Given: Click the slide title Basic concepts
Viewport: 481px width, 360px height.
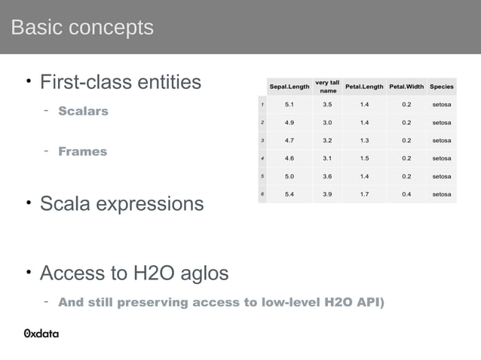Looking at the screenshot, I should pyautogui.click(x=82, y=28).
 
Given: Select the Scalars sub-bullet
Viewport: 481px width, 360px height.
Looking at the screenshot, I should pyautogui.click(x=83, y=111).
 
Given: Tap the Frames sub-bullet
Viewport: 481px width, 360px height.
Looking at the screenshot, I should pyautogui.click(x=82, y=151).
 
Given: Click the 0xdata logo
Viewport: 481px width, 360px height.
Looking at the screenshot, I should pyautogui.click(x=41, y=334).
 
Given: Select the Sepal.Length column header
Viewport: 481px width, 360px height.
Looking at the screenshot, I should pyautogui.click(x=289, y=87).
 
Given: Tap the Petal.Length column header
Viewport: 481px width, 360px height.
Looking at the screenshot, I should pyautogui.click(x=365, y=87).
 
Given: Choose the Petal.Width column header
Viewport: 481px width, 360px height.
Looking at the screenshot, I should pyautogui.click(x=406, y=87).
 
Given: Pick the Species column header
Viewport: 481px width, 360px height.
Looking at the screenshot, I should pyautogui.click(x=441, y=87).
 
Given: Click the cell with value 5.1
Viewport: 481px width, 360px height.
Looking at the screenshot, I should pyautogui.click(x=289, y=105).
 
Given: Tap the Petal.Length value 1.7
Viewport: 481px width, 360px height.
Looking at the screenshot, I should pyautogui.click(x=365, y=194).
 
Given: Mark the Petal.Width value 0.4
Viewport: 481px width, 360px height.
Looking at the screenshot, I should pyautogui.click(x=406, y=194).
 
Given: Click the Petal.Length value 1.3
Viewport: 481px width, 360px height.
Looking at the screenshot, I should pyautogui.click(x=365, y=140).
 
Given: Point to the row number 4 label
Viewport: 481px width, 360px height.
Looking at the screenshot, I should pyautogui.click(x=262, y=158).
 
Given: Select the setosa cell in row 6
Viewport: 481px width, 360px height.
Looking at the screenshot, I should pyautogui.click(x=441, y=194).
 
